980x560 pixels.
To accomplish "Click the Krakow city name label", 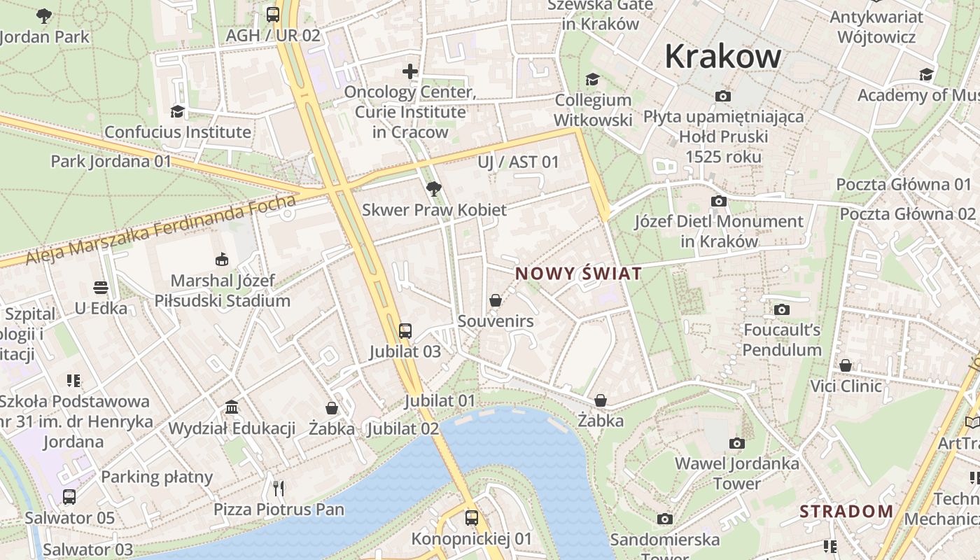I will pyautogui.click(x=722, y=56).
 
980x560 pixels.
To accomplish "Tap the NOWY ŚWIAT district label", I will pyautogui.click(x=578, y=273).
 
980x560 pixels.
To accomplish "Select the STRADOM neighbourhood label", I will pyautogui.click(x=846, y=511).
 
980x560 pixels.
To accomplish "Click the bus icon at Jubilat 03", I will pyautogui.click(x=405, y=330).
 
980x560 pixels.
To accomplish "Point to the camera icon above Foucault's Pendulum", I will pyautogui.click(x=782, y=309).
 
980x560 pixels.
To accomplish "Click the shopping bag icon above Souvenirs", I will pyautogui.click(x=496, y=300).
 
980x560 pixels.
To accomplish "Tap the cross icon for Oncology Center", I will pyautogui.click(x=410, y=71).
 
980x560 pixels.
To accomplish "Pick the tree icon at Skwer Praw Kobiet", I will pyautogui.click(x=433, y=188).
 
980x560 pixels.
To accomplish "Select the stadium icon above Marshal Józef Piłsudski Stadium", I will pyautogui.click(x=222, y=260).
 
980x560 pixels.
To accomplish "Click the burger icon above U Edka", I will pyautogui.click(x=101, y=288).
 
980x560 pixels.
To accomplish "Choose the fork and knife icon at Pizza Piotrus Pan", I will pyautogui.click(x=279, y=488).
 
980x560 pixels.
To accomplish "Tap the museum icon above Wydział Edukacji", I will pyautogui.click(x=232, y=407).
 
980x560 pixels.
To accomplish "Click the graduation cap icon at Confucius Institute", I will pyautogui.click(x=177, y=111).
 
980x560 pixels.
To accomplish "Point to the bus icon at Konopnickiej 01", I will pyautogui.click(x=472, y=518).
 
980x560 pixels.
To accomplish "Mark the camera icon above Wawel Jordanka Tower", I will pyautogui.click(x=736, y=443).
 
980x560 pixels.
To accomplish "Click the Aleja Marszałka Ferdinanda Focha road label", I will pyautogui.click(x=161, y=230).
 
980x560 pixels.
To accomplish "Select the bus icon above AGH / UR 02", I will pyautogui.click(x=273, y=14).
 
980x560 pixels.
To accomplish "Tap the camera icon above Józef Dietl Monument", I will pyautogui.click(x=718, y=201).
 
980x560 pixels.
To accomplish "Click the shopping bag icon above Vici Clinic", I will pyautogui.click(x=846, y=365).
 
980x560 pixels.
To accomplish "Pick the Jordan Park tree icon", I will pyautogui.click(x=44, y=15).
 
